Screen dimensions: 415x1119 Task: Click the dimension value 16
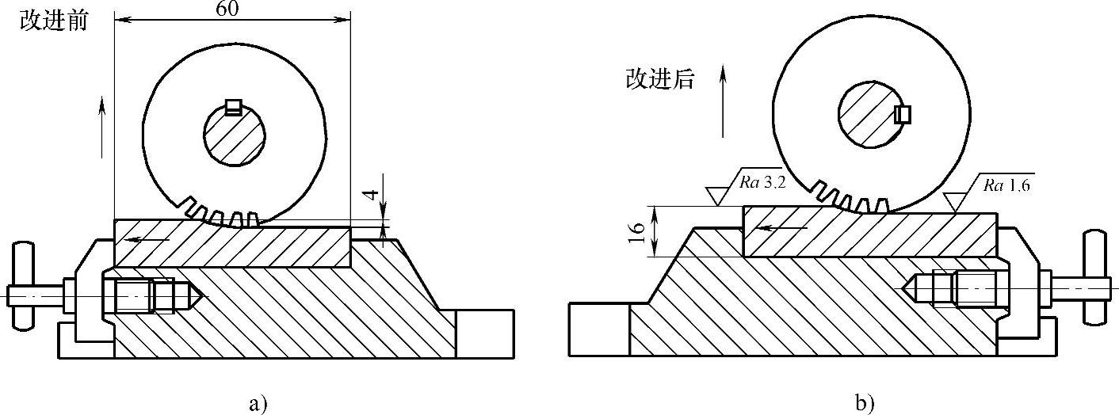[x=635, y=231]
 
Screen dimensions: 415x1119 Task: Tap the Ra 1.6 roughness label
[x=1007, y=186]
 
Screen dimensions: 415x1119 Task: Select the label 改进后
[x=660, y=78]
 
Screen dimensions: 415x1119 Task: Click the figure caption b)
[x=864, y=404]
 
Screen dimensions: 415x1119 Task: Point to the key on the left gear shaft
[x=233, y=107]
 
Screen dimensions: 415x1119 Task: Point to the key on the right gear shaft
[x=903, y=114]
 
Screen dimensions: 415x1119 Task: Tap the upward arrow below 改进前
[x=102, y=127]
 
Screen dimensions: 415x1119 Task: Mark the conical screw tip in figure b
[x=919, y=288]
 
